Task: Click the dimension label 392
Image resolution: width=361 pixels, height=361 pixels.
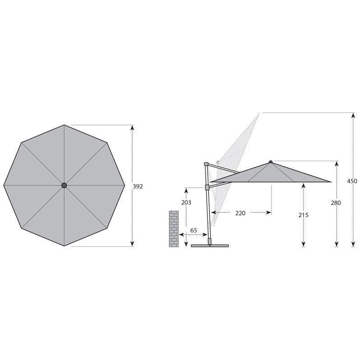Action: pyautogui.click(x=138, y=186)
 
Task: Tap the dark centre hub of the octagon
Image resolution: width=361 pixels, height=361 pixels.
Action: pyautogui.click(x=64, y=185)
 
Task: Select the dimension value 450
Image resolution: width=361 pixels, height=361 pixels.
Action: pyautogui.click(x=352, y=181)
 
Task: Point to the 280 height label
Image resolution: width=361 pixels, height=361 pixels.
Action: pyautogui.click(x=336, y=203)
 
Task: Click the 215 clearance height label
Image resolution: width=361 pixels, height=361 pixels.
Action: pyautogui.click(x=303, y=215)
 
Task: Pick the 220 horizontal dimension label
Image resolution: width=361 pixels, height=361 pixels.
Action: pyautogui.click(x=241, y=213)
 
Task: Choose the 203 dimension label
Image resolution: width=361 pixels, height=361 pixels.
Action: pyautogui.click(x=186, y=202)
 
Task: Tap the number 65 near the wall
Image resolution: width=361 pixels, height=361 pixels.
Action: pyautogui.click(x=194, y=231)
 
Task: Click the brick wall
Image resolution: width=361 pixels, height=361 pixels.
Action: pyautogui.click(x=174, y=229)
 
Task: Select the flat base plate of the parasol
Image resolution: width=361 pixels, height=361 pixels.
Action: pyautogui.click(x=210, y=246)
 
